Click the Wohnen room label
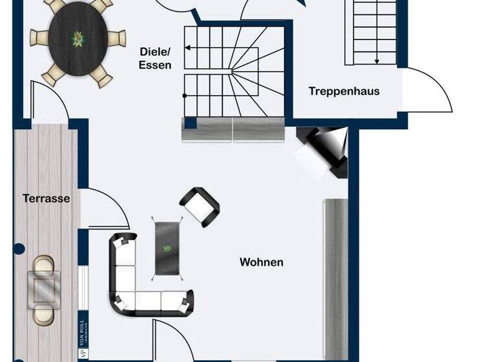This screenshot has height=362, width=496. coord(262,262)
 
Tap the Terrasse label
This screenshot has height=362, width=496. coord(46,198)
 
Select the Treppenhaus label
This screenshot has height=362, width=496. coord(344,91)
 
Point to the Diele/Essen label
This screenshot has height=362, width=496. coord(155,58)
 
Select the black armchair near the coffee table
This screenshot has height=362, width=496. coord(200,206)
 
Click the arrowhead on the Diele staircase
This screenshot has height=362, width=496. coord(187,47)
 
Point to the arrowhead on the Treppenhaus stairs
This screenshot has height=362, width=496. coord(376,61)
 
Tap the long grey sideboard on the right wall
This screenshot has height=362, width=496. coord(336,278)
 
